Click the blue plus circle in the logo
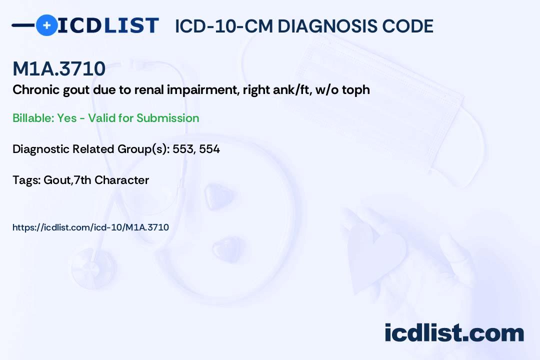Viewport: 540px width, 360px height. (x=46, y=25)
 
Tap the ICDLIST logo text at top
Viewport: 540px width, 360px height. (x=108, y=25)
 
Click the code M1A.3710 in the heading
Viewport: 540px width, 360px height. (x=59, y=69)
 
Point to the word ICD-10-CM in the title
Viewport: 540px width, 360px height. (x=223, y=26)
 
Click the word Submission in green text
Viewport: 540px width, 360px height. (x=168, y=118)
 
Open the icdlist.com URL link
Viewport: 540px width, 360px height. (x=90, y=227)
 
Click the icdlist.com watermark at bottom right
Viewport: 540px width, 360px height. (x=454, y=333)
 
